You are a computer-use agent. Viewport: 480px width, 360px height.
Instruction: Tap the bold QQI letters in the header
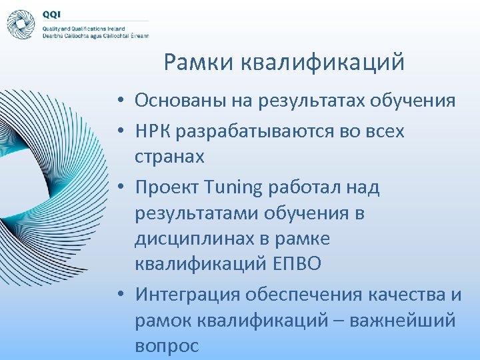coord(51,13)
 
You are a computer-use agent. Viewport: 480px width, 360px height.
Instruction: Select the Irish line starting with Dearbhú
coord(95,36)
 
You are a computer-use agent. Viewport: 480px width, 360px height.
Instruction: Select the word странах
coord(169,157)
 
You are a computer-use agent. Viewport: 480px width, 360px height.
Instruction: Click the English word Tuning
coord(230,187)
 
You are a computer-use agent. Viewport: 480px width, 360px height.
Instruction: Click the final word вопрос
coord(167,346)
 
